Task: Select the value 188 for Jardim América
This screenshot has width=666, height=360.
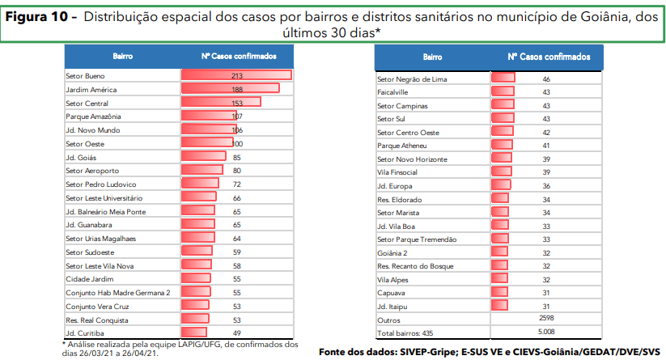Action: [237, 89]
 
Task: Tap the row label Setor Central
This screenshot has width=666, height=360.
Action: [87, 104]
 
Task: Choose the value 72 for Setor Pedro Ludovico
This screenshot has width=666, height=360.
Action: [237, 184]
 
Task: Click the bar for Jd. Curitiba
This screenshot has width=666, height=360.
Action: [194, 332]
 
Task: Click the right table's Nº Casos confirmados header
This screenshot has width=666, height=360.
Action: [549, 57]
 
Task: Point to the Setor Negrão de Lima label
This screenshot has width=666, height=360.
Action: [413, 79]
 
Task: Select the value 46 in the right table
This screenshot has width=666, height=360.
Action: [546, 79]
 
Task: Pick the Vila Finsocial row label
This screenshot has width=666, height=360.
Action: [397, 172]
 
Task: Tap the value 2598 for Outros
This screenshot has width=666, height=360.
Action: [546, 319]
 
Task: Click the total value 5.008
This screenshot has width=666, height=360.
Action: [546, 332]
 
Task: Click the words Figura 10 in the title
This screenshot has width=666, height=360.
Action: [40, 16]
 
